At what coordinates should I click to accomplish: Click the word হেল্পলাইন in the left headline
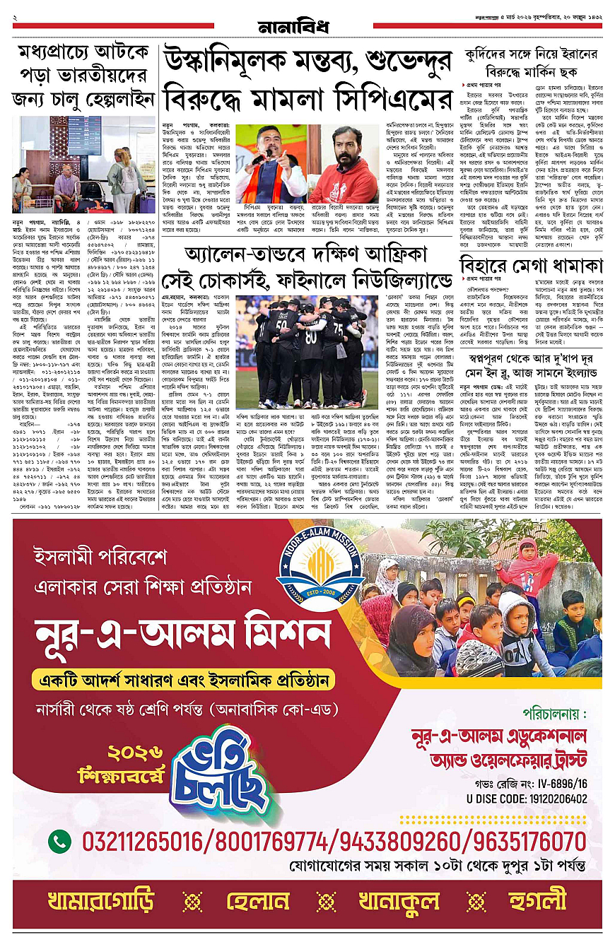pos(110,100)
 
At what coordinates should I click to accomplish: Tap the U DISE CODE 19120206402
pos(517,799)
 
